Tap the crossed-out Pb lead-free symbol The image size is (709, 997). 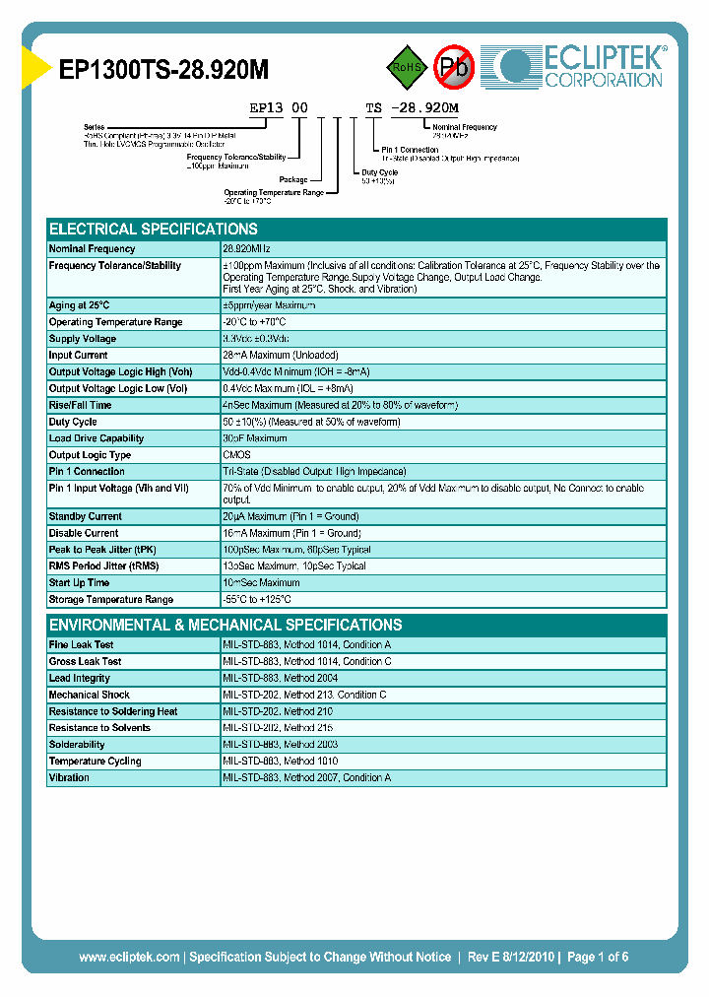(x=455, y=67)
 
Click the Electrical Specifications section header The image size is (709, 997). (x=154, y=229)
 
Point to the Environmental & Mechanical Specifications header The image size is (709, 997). (x=226, y=625)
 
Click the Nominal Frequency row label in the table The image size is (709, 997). (x=93, y=249)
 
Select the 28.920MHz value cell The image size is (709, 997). (x=246, y=249)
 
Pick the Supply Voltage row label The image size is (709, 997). (x=83, y=339)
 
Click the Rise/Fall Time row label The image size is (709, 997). (x=81, y=405)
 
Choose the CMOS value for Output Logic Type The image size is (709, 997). (x=236, y=455)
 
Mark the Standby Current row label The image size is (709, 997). (x=86, y=516)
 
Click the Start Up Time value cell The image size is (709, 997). (x=261, y=583)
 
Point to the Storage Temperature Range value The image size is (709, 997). (x=257, y=600)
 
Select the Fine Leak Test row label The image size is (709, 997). (x=82, y=644)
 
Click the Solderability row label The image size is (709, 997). (x=77, y=745)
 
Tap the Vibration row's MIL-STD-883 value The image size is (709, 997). (x=306, y=778)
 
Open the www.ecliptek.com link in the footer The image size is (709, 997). (x=129, y=957)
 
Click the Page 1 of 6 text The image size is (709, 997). (x=598, y=957)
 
